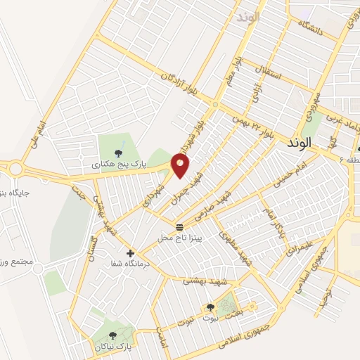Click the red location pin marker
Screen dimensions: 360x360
[180, 166]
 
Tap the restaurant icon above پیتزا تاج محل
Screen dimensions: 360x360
[180, 226]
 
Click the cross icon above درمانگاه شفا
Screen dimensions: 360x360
[130, 252]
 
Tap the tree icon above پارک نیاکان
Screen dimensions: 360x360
[113, 335]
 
